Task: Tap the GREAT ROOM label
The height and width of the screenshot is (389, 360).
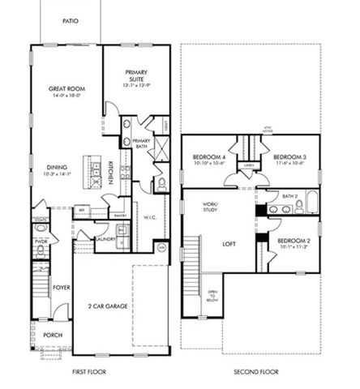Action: pyautogui.click(x=67, y=91)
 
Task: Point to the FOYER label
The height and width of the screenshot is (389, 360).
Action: pyautogui.click(x=62, y=286)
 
